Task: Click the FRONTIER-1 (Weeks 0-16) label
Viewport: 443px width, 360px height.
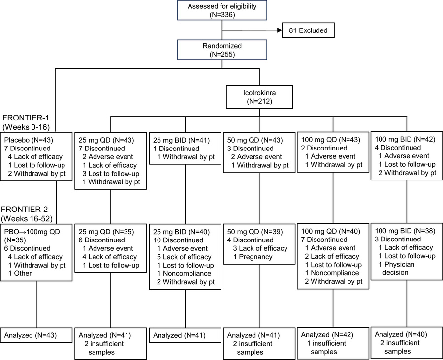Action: (30, 122)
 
